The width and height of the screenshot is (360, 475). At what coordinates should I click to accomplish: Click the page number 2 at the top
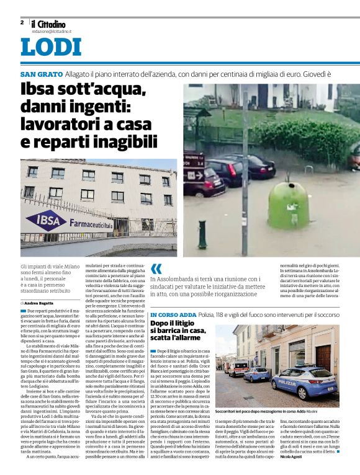22,22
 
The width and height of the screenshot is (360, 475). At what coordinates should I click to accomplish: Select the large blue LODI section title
51,47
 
